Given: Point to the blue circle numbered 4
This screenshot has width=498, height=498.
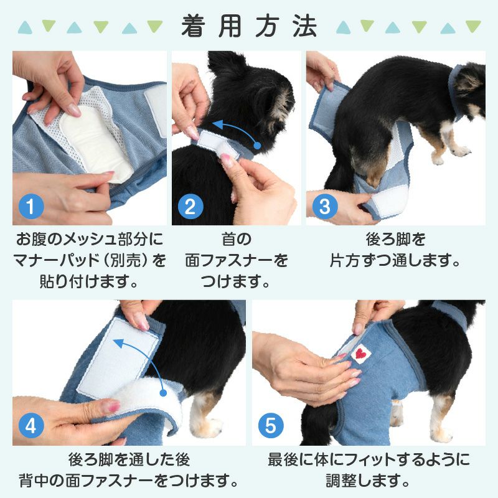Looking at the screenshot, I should click(x=31, y=426).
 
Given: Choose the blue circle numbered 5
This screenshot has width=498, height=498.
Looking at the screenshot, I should click(x=270, y=426).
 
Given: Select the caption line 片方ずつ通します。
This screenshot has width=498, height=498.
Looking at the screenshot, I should click(x=395, y=260).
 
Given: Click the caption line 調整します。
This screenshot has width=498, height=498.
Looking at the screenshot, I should click(x=369, y=481).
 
